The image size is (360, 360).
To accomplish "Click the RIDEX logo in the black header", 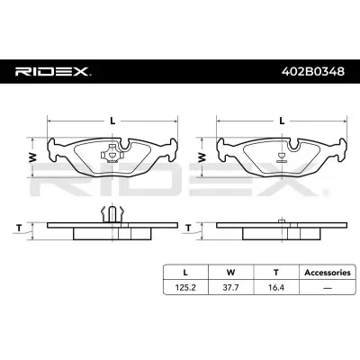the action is tap(53, 71).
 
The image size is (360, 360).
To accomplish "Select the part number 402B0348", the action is tap(313, 71).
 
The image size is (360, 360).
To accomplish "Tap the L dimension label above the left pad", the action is tap(112, 121).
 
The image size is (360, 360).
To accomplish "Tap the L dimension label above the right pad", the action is tap(282, 121).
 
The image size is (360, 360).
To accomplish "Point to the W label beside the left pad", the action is tap(32, 157).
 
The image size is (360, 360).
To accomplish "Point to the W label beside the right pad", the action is tap(202, 157).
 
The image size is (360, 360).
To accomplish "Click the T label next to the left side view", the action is tap(19, 229).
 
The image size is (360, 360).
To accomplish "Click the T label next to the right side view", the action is tap(188, 229).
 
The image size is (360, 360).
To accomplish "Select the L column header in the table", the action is tap(185, 273).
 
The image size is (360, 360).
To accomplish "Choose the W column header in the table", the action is tap(230, 273).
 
